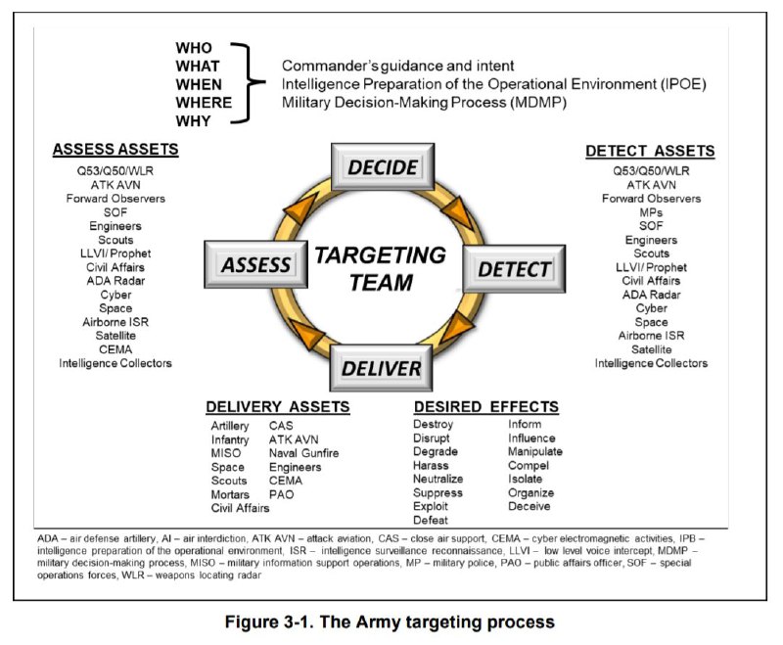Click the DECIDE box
pos(383,166)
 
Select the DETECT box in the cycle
pos(515,268)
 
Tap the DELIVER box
pos(381,368)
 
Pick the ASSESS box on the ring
pos(255,264)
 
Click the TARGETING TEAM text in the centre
pos(381,268)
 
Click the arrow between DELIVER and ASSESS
pos(306,333)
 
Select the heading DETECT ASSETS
pos(650,151)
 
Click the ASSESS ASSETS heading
pos(115,150)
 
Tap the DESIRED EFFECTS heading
pos(486,407)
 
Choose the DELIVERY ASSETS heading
pos(278,407)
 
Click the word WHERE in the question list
pos(204,103)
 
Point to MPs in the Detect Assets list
pos(651,212)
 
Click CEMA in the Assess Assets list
pos(115,349)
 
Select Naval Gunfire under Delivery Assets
pos(303,453)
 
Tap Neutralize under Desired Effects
pos(438,479)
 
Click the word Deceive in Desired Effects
pos(530,506)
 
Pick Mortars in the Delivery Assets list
pos(230,494)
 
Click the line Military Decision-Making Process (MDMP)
pos(424,103)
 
